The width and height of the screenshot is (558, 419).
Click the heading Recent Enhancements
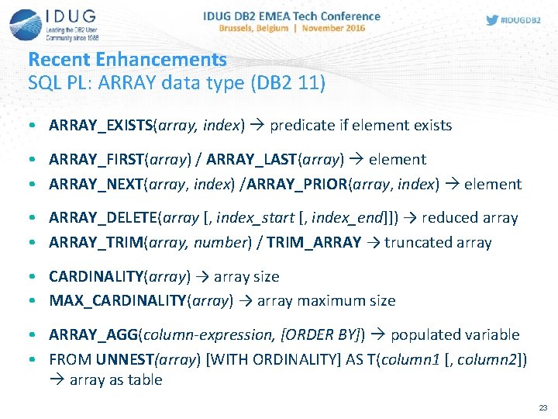coord(127,59)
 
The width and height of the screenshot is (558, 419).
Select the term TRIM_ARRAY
coord(314,242)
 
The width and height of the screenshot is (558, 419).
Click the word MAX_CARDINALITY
coord(116,300)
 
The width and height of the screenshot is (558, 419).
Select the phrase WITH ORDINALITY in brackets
coord(243,359)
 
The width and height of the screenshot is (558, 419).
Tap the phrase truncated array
coord(438,242)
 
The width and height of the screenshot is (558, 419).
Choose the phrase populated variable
coord(455,334)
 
